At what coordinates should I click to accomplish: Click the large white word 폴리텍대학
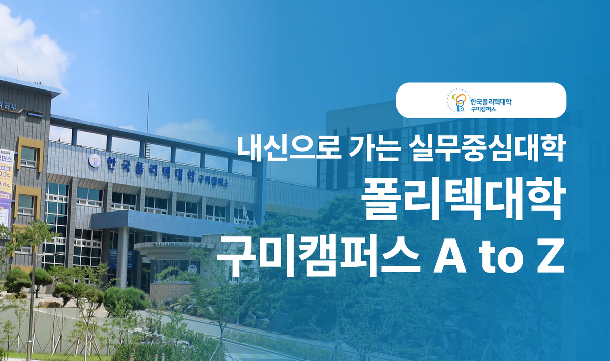tap(464, 202)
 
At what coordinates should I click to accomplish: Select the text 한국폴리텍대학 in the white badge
tap(491, 101)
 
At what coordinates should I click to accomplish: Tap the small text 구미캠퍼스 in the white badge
tap(483, 109)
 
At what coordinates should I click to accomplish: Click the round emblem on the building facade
tap(95, 161)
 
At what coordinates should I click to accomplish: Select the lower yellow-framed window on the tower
tap(25, 204)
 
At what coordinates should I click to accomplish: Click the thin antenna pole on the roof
tap(148, 112)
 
